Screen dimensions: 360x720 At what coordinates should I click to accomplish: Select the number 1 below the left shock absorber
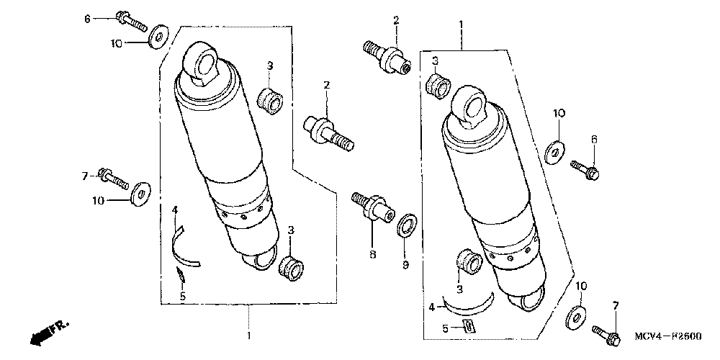click(x=249, y=336)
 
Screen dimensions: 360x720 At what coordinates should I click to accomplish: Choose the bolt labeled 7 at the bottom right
click(x=607, y=333)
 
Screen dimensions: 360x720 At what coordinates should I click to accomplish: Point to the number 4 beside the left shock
click(x=174, y=210)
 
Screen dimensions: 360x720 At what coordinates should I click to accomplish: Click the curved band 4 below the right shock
click(x=468, y=303)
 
